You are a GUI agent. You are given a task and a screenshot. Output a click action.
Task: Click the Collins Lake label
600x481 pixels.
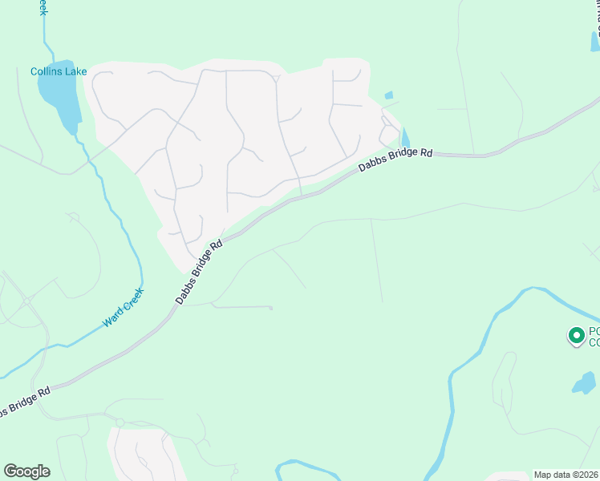click(59, 71)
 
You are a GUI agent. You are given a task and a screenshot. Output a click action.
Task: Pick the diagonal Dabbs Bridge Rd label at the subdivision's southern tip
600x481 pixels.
click(198, 272)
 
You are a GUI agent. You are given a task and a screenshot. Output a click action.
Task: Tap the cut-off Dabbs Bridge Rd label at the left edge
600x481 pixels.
click(24, 401)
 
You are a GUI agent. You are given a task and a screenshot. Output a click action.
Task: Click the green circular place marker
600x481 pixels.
click(575, 336)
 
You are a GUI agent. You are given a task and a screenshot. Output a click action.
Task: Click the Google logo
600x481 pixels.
click(26, 471)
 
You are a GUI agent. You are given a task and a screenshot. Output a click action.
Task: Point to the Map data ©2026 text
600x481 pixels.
click(566, 475)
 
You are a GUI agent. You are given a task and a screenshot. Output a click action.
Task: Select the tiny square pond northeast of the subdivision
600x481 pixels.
click(389, 95)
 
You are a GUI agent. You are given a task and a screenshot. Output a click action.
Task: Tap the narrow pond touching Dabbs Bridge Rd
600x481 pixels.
click(404, 139)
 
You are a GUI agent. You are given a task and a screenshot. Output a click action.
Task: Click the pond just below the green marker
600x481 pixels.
click(583, 384)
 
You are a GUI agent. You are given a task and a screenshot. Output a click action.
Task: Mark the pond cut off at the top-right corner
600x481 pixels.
click(595, 40)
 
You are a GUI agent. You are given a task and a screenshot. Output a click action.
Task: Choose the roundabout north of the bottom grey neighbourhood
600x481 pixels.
click(119, 422)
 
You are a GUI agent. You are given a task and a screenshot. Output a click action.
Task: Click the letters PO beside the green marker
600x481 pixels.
click(594, 331)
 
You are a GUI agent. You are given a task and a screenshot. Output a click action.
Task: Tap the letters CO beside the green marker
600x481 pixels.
click(594, 343)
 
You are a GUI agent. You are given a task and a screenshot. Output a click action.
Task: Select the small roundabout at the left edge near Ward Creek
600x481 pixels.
click(26, 301)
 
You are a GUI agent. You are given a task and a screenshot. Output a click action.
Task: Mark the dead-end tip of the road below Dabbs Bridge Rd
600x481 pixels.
click(271, 308)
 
